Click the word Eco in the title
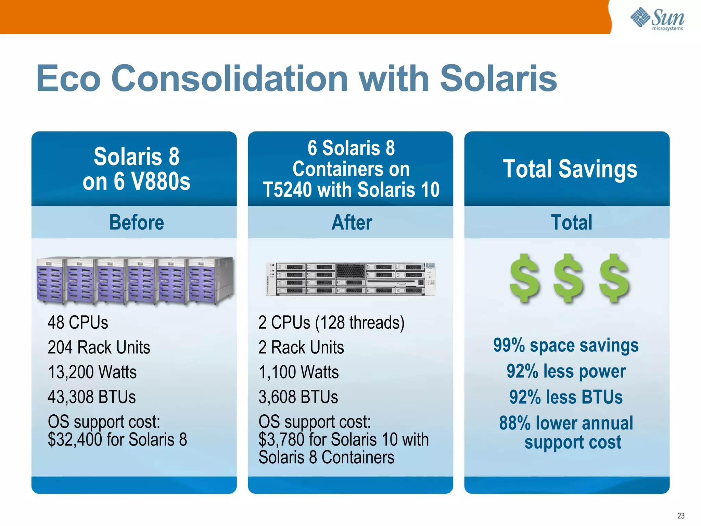coord(68,79)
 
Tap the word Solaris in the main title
coord(498,79)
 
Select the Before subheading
coord(136,223)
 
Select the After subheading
coord(352,223)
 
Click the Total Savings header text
coord(570,169)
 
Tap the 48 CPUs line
coord(78,323)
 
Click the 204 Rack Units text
coord(99,347)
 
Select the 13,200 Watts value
coord(92,372)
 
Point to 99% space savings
coord(565,345)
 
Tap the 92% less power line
coord(566,371)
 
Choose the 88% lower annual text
coord(566,423)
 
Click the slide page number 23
coord(680,516)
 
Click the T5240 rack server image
coord(350,279)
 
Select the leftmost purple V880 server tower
coord(50,280)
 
